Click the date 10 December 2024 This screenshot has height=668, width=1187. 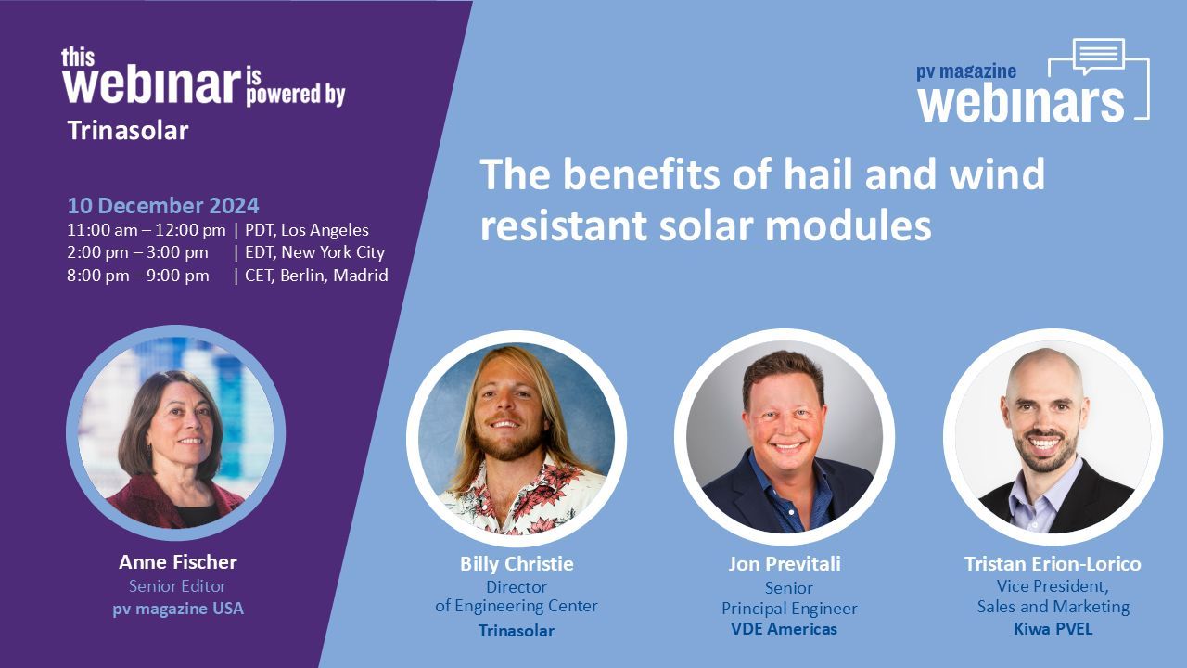[x=163, y=206]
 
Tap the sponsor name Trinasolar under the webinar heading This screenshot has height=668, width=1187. [x=128, y=131]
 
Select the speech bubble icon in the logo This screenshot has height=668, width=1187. [x=1099, y=57]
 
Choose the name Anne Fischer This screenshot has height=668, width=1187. [x=177, y=562]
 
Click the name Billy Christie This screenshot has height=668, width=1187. [x=517, y=563]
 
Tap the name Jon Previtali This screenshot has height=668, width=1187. [x=785, y=563]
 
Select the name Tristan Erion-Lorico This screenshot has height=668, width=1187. [x=1053, y=563]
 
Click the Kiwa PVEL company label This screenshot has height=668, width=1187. [x=1053, y=629]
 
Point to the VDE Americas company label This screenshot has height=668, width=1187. [x=785, y=629]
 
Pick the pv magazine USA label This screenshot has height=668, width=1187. [x=178, y=609]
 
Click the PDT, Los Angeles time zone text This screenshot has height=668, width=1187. [x=307, y=230]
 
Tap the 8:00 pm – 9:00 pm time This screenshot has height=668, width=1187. [x=138, y=276]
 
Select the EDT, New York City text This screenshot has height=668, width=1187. [x=314, y=252]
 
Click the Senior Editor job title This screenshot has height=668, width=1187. [x=177, y=585]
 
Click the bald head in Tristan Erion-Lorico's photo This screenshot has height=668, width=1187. [x=1045, y=371]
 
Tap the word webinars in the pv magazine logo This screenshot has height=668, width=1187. [x=1021, y=101]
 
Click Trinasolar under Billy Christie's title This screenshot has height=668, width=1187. [x=517, y=631]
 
